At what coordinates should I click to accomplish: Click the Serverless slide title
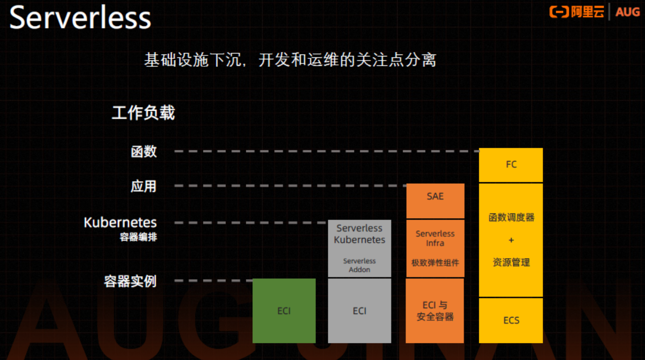[80, 18]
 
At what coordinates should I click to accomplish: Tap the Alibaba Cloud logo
[577, 12]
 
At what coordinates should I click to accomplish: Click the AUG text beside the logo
[628, 12]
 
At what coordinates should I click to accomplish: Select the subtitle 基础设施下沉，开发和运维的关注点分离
[290, 60]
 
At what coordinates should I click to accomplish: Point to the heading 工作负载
[143, 113]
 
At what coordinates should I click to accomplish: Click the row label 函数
[144, 151]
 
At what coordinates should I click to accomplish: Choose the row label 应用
[144, 187]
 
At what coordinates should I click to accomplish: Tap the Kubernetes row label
[120, 223]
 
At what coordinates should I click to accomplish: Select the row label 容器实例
[130, 281]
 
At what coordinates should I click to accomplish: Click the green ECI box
[284, 311]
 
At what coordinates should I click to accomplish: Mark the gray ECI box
[359, 311]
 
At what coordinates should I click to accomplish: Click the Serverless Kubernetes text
[360, 234]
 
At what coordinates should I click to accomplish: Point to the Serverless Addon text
[360, 265]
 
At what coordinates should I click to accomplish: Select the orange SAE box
[435, 197]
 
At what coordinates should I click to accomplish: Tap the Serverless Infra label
[435, 238]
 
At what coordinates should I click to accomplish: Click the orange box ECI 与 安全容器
[435, 311]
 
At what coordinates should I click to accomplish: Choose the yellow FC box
[511, 165]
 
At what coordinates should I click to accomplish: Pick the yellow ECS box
[511, 320]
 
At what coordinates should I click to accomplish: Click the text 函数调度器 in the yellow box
[511, 218]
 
